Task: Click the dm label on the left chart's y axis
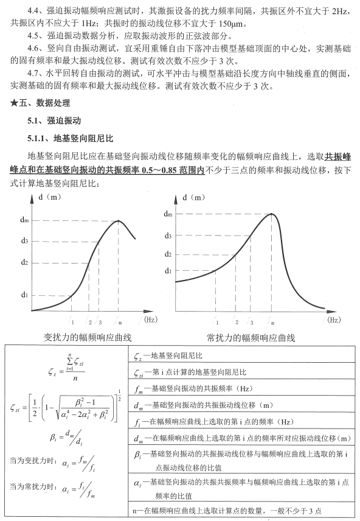(24, 220)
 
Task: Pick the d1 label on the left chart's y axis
(24, 295)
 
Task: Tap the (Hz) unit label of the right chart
(334, 318)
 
